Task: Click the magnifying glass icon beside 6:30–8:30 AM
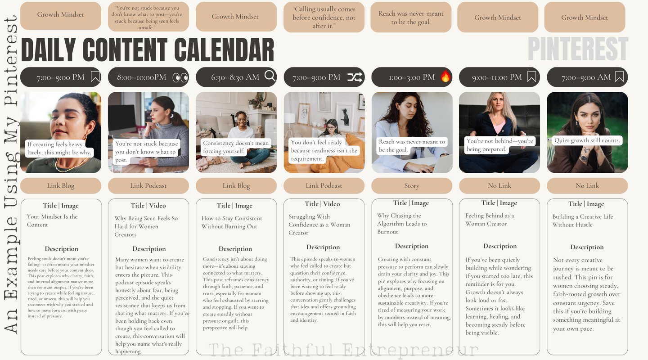(x=270, y=76)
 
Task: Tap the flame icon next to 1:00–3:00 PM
(x=445, y=76)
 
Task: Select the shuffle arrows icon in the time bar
(x=355, y=77)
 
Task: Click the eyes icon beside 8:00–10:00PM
(x=180, y=77)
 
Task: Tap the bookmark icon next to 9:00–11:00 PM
(x=532, y=76)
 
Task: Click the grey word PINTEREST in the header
(x=578, y=49)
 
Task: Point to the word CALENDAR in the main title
(x=224, y=50)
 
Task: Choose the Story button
(x=412, y=186)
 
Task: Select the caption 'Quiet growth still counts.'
(x=587, y=140)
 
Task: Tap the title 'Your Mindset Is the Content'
(x=52, y=220)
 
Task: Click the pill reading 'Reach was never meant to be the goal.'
(x=411, y=18)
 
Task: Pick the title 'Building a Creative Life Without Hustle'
(x=583, y=220)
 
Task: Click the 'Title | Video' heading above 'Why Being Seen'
(x=148, y=206)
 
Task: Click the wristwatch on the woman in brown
(x=584, y=158)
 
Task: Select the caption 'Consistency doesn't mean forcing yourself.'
(x=236, y=147)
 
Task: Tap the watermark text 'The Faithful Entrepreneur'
(x=343, y=350)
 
